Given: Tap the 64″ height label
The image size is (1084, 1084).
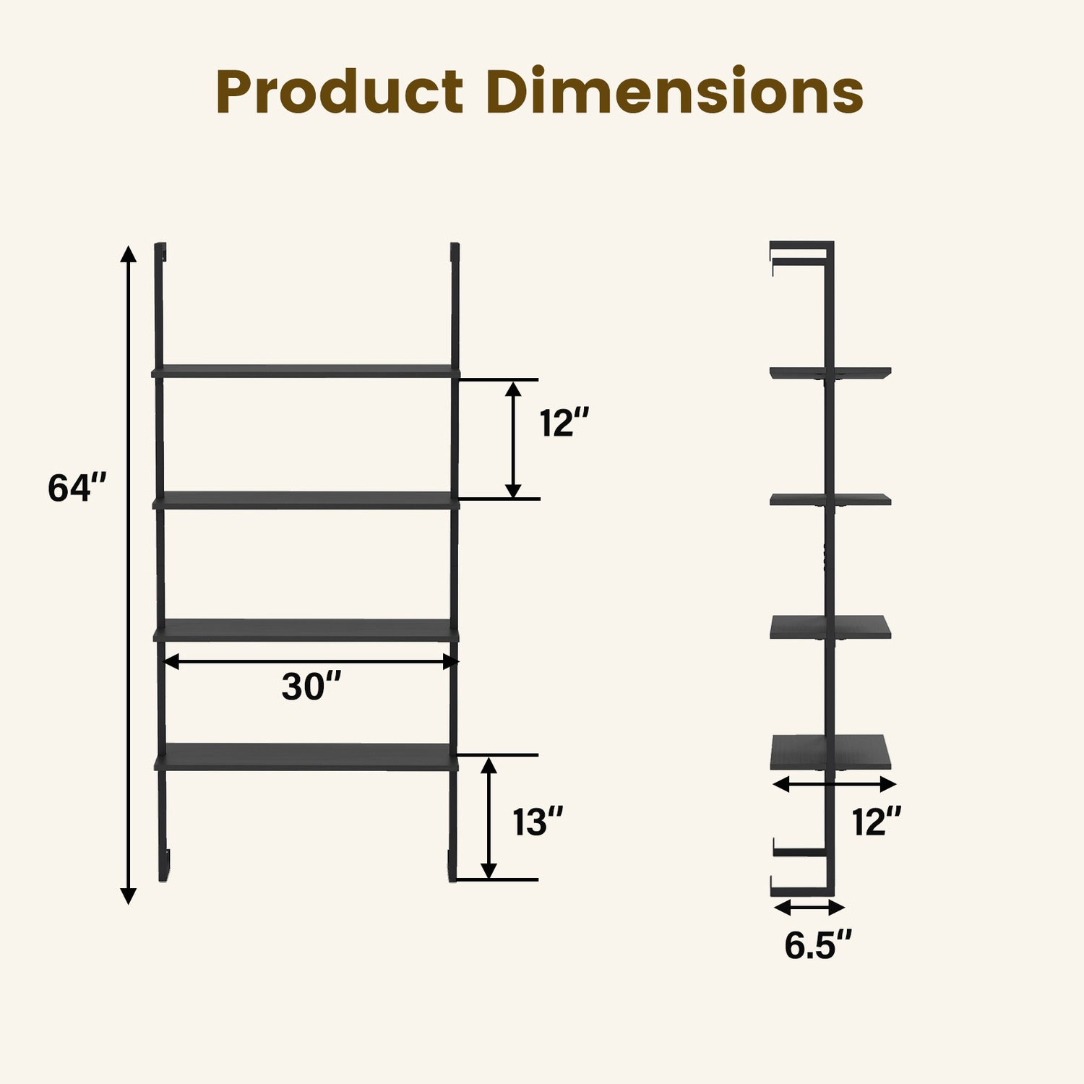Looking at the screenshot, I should tap(77, 488).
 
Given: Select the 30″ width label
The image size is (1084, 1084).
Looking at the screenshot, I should tap(311, 687).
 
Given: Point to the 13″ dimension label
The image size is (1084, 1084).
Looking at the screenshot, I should tap(538, 822).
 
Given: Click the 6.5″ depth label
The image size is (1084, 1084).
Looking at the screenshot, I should tap(817, 945).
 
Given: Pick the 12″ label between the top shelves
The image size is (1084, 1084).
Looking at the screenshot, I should tap(564, 423).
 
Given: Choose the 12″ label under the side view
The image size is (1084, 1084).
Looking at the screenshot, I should tap(876, 822).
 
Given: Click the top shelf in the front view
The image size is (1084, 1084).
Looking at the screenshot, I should tap(306, 371).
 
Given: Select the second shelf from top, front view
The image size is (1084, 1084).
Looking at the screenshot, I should tap(306, 500).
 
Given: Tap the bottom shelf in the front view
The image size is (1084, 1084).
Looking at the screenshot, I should tap(306, 757).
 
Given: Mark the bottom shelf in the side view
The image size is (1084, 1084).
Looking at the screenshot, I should tap(830, 752).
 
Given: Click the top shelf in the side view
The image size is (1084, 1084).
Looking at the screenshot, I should tap(830, 373).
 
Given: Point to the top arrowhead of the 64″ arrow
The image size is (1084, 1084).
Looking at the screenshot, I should tap(128, 254).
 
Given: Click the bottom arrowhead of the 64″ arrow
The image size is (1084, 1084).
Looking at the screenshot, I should tap(128, 896).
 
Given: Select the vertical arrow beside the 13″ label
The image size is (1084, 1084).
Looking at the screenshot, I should tap(489, 817).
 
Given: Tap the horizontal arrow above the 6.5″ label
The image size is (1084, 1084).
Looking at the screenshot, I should tap(809, 907).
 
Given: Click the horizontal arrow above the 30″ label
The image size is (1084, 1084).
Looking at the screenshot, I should tap(311, 661).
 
